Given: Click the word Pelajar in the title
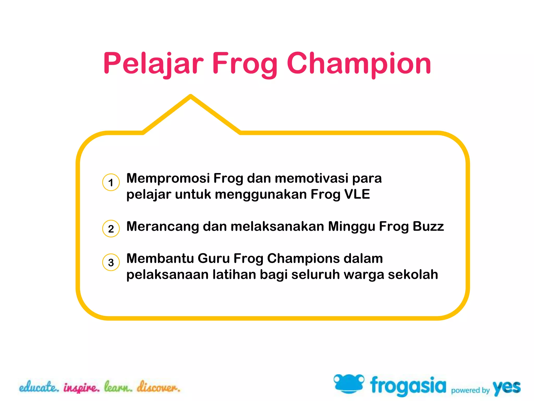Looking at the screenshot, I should coord(153,63).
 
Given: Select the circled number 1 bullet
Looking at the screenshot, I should coord(111,182).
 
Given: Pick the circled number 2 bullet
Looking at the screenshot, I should coord(111,228).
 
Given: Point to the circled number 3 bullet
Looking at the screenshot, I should coord(111,262).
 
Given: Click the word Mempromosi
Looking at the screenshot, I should coord(168,178).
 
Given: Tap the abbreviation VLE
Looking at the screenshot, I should coord(357,194).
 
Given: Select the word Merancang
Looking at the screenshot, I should coord(162,227).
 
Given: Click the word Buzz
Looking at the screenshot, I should coord(428,226).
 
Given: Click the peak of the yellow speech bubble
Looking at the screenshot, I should coord(191,96).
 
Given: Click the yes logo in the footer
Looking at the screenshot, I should coord(506,387).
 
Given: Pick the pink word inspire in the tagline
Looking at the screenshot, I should coord(81,388).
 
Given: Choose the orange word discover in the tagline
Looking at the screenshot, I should coord(159,387).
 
